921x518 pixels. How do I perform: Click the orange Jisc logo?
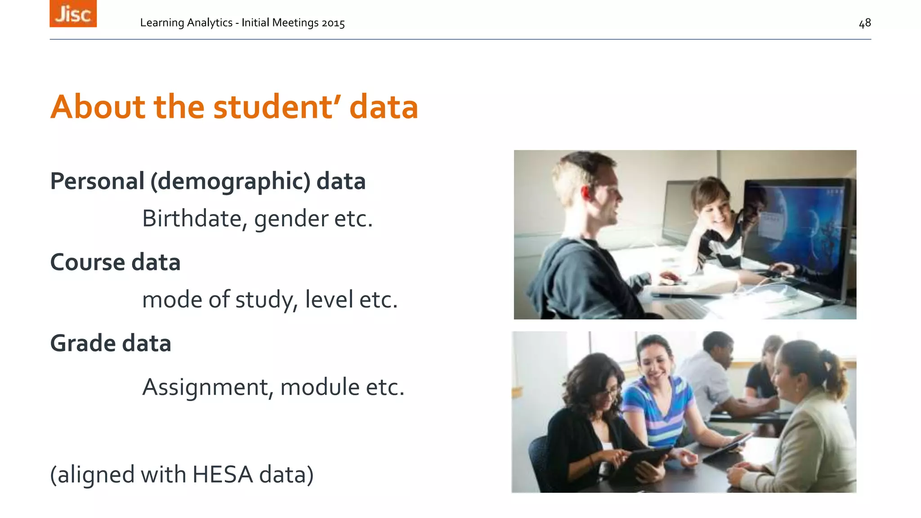tap(73, 13)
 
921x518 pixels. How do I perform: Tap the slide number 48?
tap(864, 23)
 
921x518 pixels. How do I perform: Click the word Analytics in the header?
tap(211, 23)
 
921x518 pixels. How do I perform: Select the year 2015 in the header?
tap(333, 23)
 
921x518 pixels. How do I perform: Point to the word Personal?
tap(97, 181)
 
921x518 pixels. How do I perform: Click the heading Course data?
tap(115, 262)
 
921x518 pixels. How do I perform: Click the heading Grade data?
tap(111, 344)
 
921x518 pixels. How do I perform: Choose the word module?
tap(320, 387)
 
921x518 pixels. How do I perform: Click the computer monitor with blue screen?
tap(798, 234)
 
